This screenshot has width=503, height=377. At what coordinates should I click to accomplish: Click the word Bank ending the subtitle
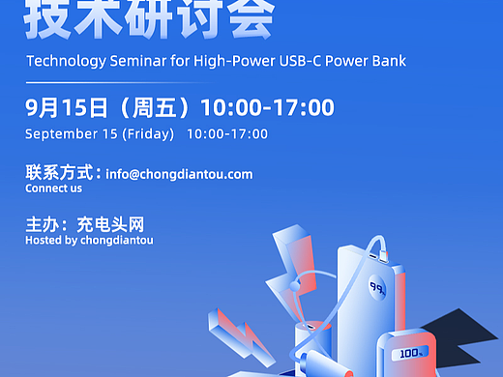pyautogui.click(x=387, y=62)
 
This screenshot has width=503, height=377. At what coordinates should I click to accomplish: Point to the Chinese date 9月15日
pyautogui.click(x=60, y=107)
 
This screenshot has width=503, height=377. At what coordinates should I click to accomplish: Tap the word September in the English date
pyautogui.click(x=60, y=134)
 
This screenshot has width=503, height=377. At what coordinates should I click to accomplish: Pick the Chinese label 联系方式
pyautogui.click(x=60, y=174)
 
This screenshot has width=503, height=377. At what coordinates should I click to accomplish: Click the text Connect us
pyautogui.click(x=54, y=189)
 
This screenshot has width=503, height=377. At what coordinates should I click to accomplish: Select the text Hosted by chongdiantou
pyautogui.click(x=89, y=240)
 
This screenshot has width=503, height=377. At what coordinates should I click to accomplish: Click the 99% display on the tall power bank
pyautogui.click(x=377, y=288)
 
